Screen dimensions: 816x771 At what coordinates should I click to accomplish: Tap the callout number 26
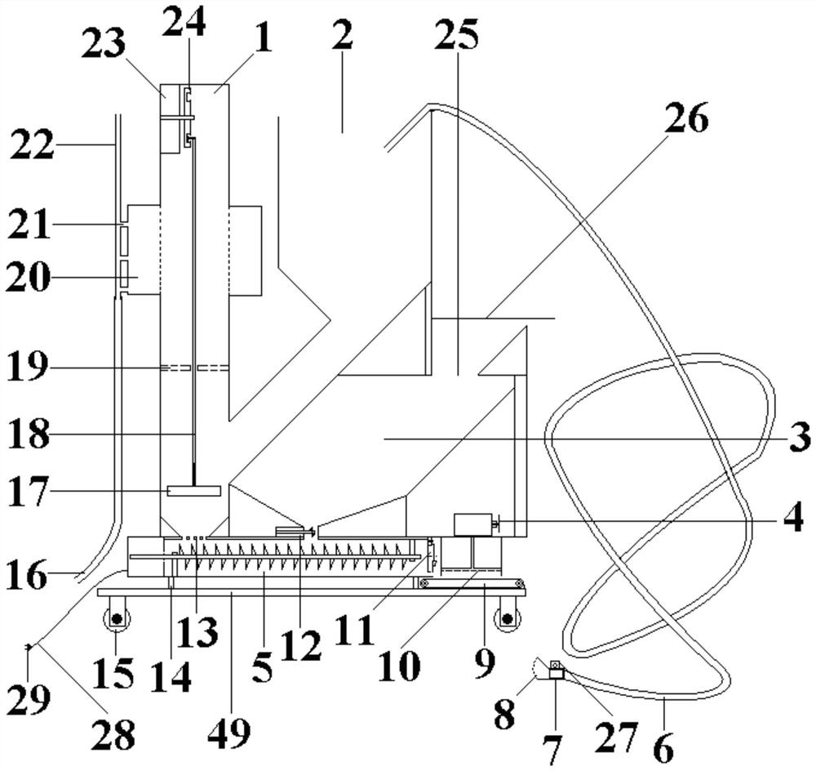685,118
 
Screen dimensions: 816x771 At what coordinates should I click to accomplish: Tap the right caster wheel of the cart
505,617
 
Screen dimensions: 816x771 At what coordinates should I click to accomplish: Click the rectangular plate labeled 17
193,491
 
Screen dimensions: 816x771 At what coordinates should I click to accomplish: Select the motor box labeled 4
473,524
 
